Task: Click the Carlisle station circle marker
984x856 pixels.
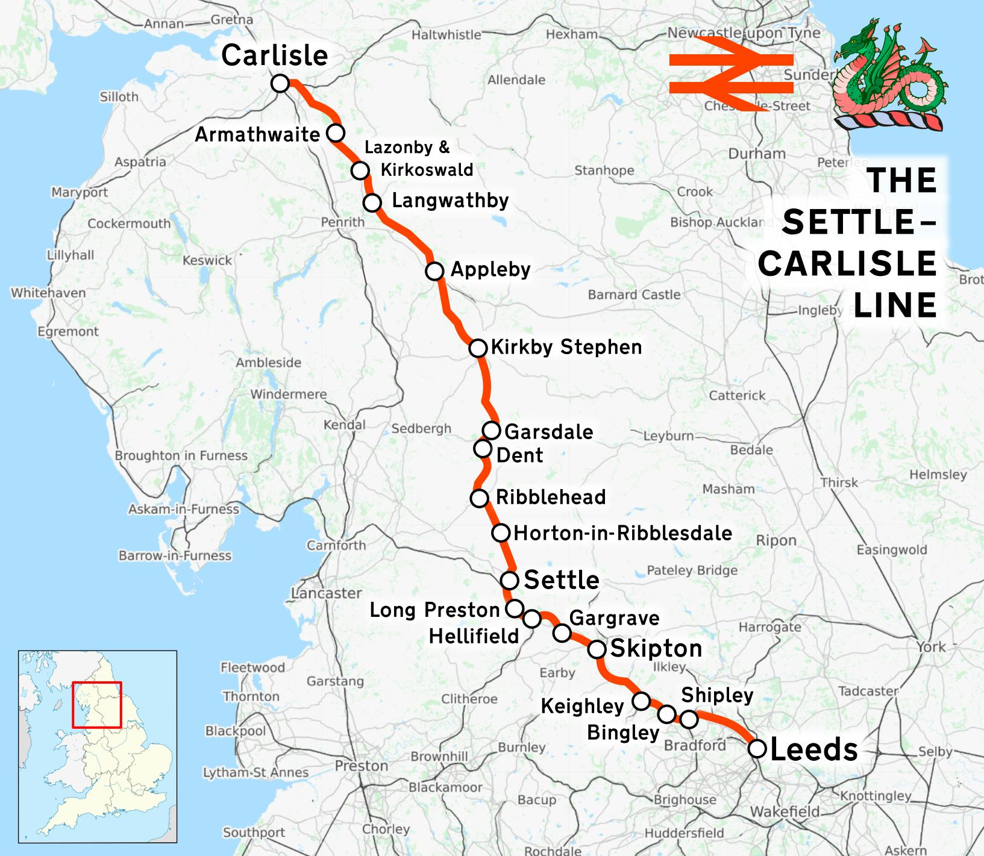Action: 280,83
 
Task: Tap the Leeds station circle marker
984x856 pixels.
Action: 757,749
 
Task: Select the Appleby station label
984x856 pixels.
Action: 490,269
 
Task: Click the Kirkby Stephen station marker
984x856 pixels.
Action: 477,348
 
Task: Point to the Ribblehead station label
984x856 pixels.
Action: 551,497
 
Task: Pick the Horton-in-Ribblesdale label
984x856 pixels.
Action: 623,533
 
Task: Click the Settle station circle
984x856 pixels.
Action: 510,580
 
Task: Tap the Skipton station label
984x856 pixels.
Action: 656,649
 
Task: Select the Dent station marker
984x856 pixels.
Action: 483,449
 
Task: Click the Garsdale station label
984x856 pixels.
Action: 548,431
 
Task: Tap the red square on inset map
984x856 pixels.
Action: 96,704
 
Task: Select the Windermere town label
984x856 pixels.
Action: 289,395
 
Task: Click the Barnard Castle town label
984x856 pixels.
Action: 634,295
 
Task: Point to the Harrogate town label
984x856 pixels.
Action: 769,627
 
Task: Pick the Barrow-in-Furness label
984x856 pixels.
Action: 175,555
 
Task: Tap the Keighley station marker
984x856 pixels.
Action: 641,701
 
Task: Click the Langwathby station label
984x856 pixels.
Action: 450,201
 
